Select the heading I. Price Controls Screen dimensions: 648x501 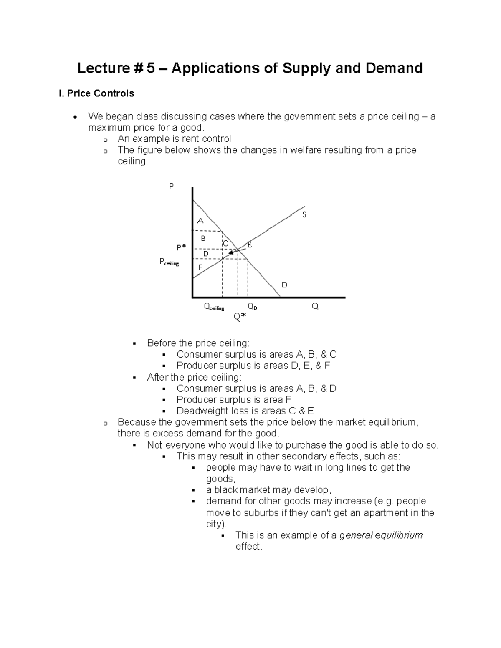96,93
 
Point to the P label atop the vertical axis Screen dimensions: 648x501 171,187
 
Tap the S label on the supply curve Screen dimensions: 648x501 304,214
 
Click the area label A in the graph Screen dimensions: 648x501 200,220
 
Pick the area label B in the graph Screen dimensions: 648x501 203,239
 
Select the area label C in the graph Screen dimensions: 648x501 225,243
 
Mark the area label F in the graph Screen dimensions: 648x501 200,267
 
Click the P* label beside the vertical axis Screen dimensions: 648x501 181,247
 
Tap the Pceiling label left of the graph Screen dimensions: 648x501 169,262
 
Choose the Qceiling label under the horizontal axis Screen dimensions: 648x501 214,307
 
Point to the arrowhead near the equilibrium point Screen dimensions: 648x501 230,253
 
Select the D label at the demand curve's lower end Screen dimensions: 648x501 284,285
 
